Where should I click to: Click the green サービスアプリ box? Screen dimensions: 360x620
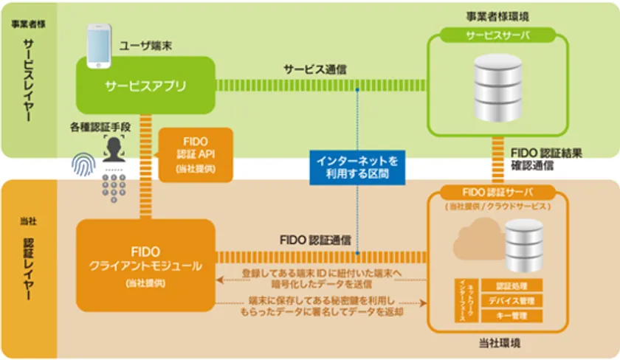coord(145,86)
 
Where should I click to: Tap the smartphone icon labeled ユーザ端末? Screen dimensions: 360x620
coord(99,46)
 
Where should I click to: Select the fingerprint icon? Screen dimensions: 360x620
coord(84,165)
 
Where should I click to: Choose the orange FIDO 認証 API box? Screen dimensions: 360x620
coord(195,155)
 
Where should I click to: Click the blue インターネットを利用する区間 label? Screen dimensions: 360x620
coord(356,168)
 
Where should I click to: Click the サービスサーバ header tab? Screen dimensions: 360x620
coord(497,36)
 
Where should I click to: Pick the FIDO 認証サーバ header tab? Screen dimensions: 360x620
coord(497,193)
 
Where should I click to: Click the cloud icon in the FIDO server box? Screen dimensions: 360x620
coord(470,243)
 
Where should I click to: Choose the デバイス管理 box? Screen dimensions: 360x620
coord(511,301)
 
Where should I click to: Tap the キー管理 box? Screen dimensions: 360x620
coord(511,316)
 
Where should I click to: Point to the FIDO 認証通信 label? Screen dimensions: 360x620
coord(315,240)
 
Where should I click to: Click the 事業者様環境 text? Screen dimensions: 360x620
coord(497,15)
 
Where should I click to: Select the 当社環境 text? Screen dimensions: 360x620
coord(497,345)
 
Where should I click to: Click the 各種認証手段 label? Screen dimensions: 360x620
coord(102,127)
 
